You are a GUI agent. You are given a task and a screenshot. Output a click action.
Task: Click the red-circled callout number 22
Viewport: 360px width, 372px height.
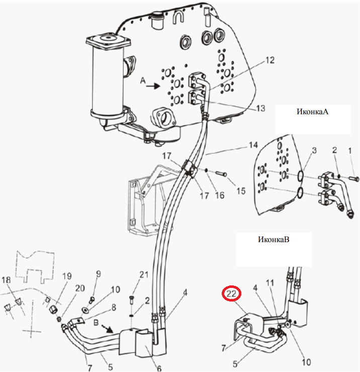231,293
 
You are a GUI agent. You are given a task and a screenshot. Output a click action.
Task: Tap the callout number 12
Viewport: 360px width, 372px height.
269,60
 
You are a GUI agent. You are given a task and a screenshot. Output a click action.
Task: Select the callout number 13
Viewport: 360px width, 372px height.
260,108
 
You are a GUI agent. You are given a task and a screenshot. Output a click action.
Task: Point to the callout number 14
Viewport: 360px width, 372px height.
253,145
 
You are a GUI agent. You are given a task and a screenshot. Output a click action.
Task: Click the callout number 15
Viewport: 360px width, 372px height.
241,191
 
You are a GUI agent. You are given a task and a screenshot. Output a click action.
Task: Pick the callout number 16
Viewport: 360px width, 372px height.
219,195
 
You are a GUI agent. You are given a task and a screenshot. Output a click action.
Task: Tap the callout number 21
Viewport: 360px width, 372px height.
144,274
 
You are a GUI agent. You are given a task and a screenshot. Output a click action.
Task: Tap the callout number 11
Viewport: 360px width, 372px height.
269,282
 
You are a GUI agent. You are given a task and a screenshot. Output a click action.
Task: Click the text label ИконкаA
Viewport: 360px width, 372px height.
312,112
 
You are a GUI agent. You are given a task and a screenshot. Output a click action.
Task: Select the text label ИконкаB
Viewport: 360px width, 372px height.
274,239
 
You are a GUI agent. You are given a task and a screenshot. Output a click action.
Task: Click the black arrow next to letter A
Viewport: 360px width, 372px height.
153,86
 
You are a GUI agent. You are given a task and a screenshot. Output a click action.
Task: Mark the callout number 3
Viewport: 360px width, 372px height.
314,150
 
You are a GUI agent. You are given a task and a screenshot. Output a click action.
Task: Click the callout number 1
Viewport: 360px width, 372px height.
350,151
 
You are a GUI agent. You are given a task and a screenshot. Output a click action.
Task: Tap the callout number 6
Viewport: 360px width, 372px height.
159,368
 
